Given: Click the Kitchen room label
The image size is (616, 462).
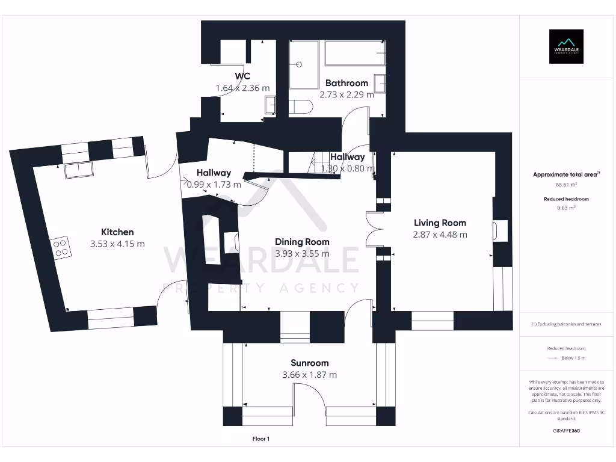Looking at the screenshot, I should [x=117, y=232].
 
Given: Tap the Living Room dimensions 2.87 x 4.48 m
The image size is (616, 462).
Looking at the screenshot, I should [x=440, y=235].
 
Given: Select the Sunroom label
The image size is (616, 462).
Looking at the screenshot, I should [x=309, y=363].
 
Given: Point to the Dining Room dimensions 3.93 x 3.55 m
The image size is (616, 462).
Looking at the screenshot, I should [x=302, y=254].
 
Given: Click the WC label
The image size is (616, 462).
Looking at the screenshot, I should [x=242, y=76].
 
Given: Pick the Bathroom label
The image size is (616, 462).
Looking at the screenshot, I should [x=346, y=83].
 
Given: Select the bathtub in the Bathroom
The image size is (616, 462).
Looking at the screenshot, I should [x=354, y=53].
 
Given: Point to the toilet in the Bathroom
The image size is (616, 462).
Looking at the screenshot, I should [x=301, y=107].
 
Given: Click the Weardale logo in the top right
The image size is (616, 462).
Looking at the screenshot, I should [x=565, y=46].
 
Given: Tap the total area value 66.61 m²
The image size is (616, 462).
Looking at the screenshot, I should [x=566, y=185].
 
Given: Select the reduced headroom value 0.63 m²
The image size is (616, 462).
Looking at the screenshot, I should [x=566, y=208].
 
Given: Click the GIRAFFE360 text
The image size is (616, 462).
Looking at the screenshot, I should [x=566, y=431].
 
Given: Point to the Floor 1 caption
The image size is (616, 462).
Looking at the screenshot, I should [x=260, y=439].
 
